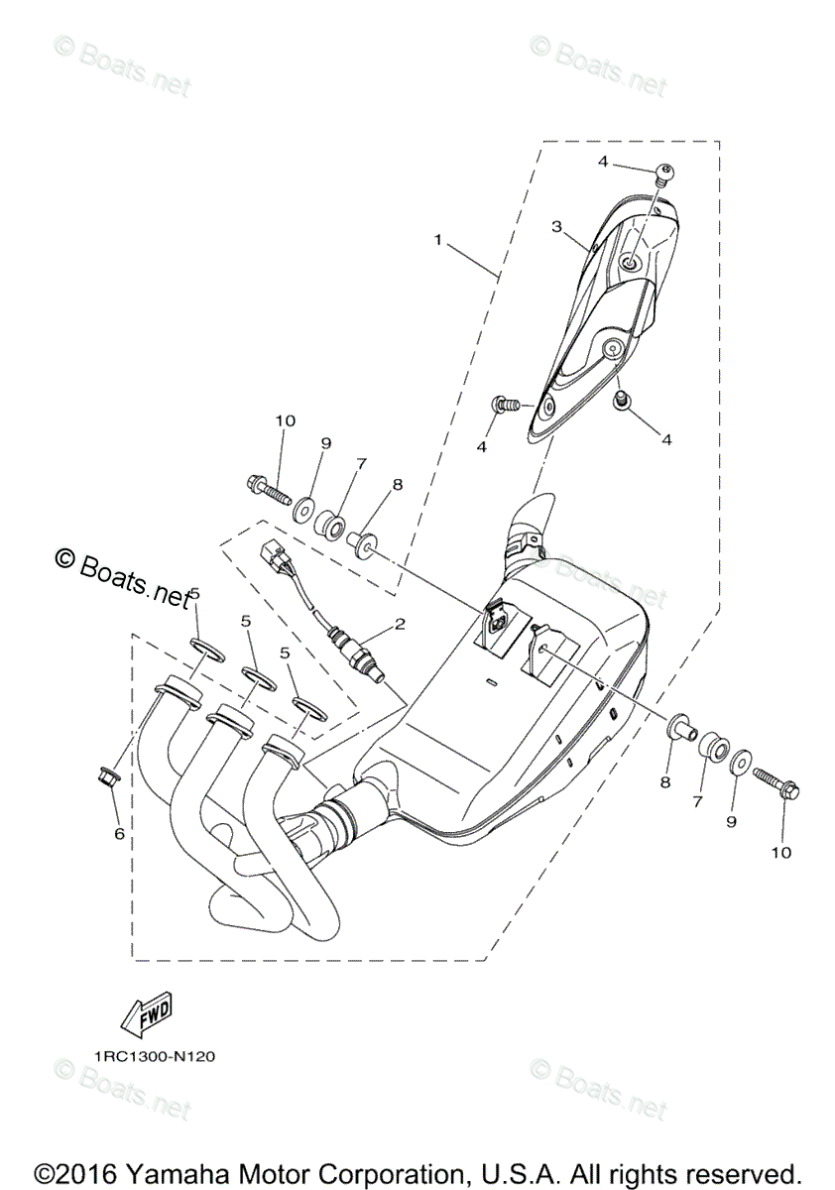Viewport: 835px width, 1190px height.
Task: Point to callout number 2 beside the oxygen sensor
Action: point(400,624)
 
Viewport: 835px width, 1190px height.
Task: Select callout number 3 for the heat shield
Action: point(558,227)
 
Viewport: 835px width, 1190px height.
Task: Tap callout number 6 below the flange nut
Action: point(119,834)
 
